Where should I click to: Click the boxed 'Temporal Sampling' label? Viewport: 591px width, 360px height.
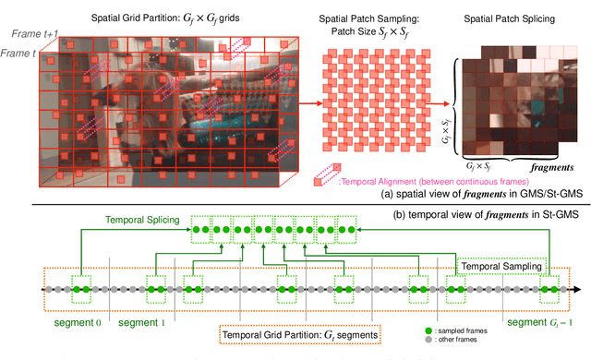(x=500, y=266)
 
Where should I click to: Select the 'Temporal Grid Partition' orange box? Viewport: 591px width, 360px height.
(x=295, y=329)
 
